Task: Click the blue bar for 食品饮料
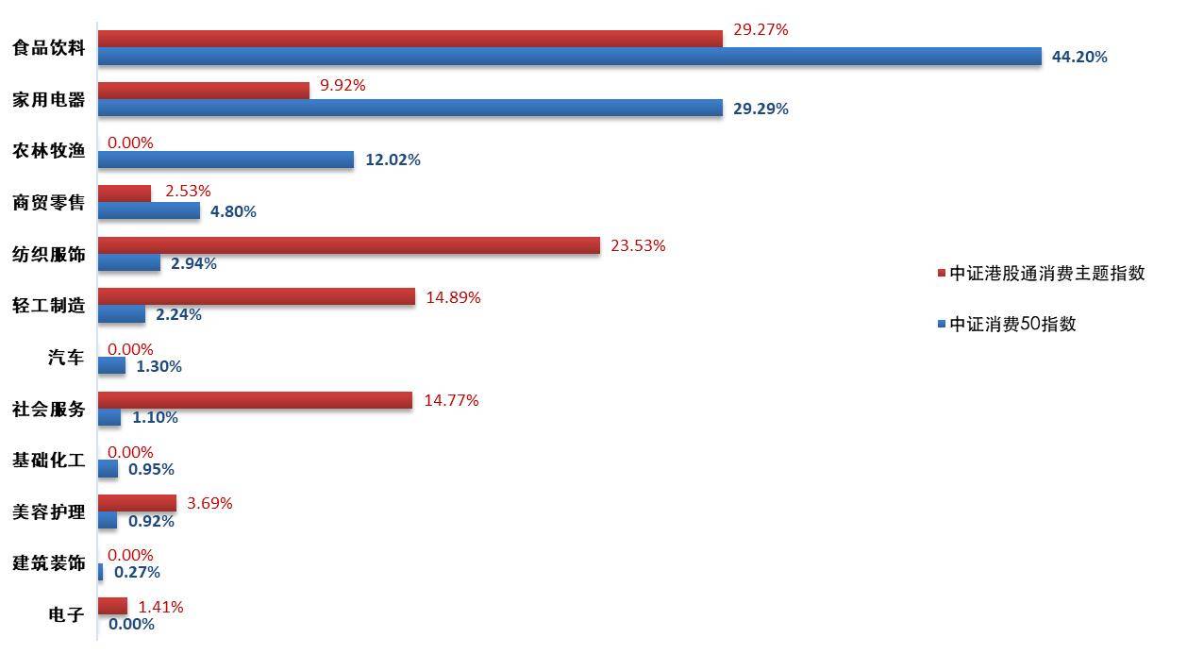click(569, 57)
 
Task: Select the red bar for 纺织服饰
click(348, 245)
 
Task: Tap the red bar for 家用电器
click(204, 91)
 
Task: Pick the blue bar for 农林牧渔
click(226, 159)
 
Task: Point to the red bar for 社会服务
click(255, 400)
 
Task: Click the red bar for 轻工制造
click(256, 297)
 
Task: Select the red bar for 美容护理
click(137, 503)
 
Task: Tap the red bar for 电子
click(112, 606)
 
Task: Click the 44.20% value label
click(1079, 57)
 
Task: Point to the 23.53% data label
click(638, 245)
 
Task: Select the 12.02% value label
click(393, 159)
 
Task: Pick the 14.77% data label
click(451, 400)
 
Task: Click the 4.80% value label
click(233, 211)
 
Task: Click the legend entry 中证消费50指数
click(1012, 324)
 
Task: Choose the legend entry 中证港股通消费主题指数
click(1046, 273)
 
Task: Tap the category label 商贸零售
click(48, 203)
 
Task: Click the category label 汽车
click(66, 358)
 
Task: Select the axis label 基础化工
click(48, 461)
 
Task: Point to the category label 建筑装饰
click(48, 563)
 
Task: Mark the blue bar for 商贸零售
click(149, 211)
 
